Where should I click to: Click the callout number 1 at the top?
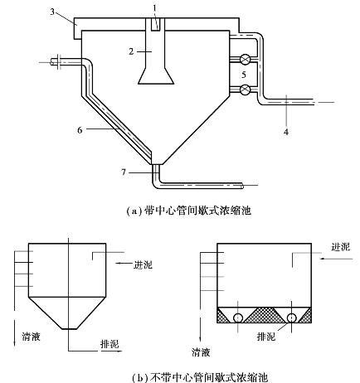click(x=155, y=8)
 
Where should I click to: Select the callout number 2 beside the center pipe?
click(x=131, y=51)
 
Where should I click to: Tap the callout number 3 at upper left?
click(x=52, y=12)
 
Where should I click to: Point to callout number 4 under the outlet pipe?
click(x=286, y=132)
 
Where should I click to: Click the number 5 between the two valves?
click(x=244, y=75)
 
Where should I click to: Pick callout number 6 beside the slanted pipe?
click(x=80, y=130)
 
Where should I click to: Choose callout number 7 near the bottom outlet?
click(x=124, y=172)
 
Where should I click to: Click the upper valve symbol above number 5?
click(x=245, y=59)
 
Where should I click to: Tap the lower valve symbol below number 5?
click(x=245, y=90)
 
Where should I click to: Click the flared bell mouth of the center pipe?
click(x=156, y=76)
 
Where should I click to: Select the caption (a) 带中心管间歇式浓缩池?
click(x=188, y=211)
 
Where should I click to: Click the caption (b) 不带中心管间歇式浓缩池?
click(x=200, y=377)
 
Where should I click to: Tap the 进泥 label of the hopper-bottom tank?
click(x=143, y=265)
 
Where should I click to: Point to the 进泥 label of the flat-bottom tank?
click(x=340, y=246)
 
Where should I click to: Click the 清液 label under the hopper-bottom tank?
click(x=31, y=336)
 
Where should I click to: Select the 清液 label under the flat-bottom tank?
click(x=201, y=352)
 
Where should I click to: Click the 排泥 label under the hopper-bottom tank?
click(x=109, y=344)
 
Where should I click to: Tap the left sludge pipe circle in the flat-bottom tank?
click(x=238, y=318)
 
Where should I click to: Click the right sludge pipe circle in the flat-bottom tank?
click(x=292, y=318)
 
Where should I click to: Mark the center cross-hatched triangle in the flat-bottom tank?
click(x=265, y=317)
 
